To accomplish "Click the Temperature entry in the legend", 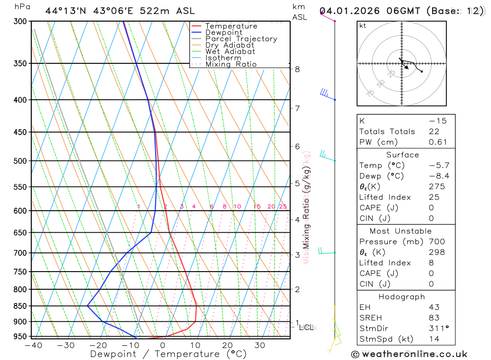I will (x=231, y=26).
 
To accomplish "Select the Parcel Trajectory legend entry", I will (x=241, y=39).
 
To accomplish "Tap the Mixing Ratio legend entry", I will (x=231, y=64).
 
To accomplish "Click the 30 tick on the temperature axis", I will (x=260, y=345).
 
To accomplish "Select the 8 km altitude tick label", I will (x=298, y=69).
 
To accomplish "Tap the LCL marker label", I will (x=306, y=327).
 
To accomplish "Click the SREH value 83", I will (x=434, y=318).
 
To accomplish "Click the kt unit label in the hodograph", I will (x=362, y=26).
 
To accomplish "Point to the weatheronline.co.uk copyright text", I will (x=409, y=354).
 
